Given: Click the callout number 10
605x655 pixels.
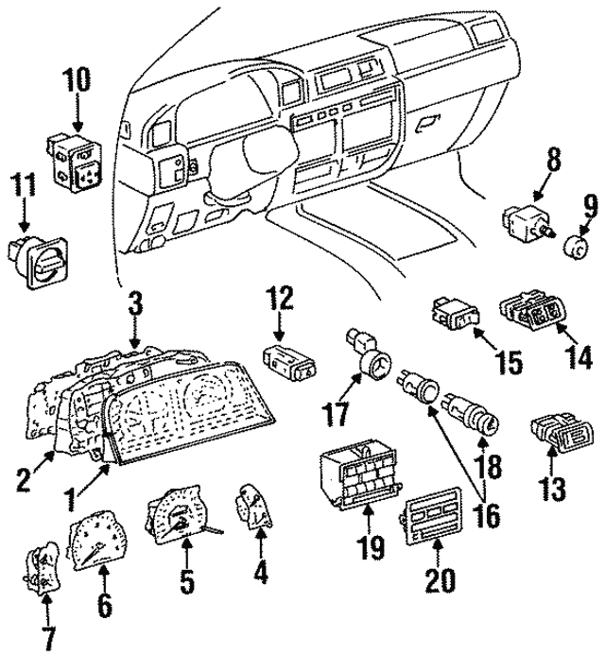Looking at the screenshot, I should click(x=78, y=81).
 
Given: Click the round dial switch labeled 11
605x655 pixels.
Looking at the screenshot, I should click(x=36, y=259).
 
